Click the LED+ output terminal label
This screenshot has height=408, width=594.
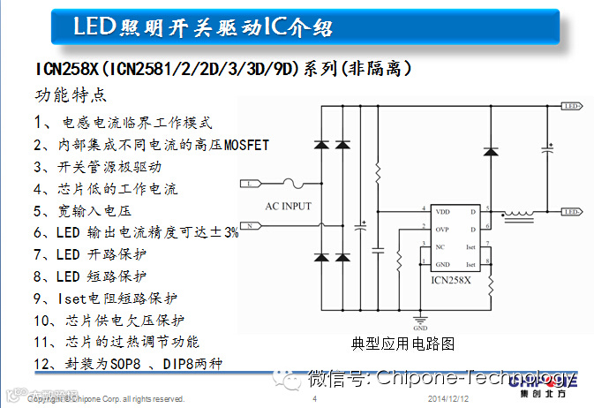[572, 106]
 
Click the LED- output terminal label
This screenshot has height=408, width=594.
[572, 212]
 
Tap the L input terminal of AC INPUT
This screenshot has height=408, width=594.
[250, 183]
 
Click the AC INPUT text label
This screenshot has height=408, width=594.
[289, 206]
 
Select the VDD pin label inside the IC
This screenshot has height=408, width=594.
[443, 212]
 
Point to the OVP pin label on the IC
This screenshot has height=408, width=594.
[443, 229]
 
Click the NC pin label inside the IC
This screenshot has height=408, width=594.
[440, 247]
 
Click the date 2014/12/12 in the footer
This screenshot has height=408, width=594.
[447, 399]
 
